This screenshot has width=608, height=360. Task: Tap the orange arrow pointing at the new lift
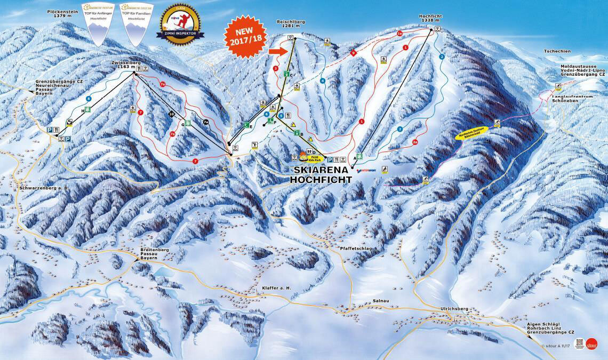(277, 51)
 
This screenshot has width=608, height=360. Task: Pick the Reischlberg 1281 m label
(291, 25)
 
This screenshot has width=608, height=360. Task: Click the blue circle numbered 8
(89, 99)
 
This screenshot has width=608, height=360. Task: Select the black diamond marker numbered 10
(172, 114)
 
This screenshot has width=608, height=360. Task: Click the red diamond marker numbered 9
(354, 53)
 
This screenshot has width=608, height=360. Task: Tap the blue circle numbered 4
(322, 81)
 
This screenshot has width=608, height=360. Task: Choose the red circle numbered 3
(275, 68)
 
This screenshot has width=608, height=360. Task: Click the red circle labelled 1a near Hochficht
(399, 34)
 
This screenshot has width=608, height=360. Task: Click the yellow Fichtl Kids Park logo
(306, 156)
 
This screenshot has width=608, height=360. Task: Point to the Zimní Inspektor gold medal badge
(180, 24)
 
